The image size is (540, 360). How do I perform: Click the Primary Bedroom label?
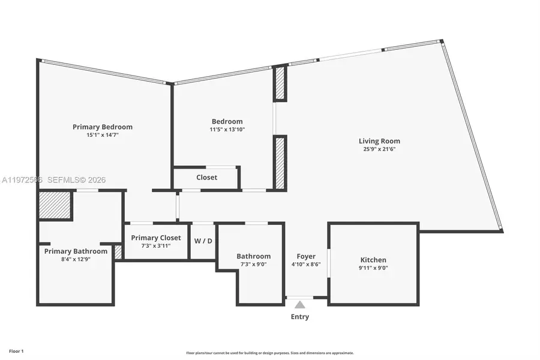click(x=103, y=127)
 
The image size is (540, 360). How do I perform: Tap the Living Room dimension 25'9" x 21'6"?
click(x=379, y=149)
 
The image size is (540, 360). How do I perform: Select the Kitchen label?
click(x=373, y=260)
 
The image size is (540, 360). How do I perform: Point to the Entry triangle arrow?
click(x=300, y=305)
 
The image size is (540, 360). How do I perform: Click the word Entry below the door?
click(x=300, y=317)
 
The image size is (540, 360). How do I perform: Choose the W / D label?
click(x=203, y=241)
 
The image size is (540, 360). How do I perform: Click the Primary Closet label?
click(x=156, y=238)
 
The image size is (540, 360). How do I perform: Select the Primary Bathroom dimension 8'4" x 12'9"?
click(x=76, y=259)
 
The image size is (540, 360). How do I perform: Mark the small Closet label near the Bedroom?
click(x=206, y=178)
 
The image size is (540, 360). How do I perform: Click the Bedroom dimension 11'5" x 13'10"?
click(x=227, y=130)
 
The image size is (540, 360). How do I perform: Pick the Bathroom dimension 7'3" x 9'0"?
click(x=253, y=264)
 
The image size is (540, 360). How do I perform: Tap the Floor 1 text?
click(x=16, y=350)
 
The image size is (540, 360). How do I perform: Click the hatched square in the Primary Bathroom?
click(x=55, y=205)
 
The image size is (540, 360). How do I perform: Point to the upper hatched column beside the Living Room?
click(x=280, y=83)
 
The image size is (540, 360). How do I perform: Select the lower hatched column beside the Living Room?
click(x=280, y=163)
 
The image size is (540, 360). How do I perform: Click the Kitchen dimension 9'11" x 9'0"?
click(x=373, y=268)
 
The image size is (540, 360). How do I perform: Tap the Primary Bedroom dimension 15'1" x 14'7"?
click(x=103, y=135)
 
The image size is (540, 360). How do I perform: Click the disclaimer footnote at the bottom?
click(x=270, y=353)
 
